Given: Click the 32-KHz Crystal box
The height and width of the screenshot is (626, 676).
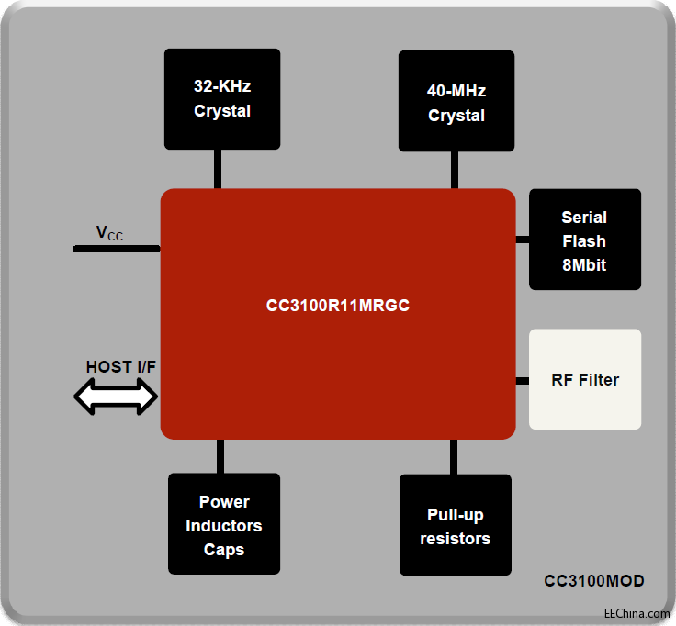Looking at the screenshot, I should pyautogui.click(x=221, y=98).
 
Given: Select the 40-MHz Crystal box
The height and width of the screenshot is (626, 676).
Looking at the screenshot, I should pyautogui.click(x=456, y=102).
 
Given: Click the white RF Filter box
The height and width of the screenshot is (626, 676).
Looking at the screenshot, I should pyautogui.click(x=584, y=379).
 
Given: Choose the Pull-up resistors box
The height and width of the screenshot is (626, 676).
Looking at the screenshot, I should pyautogui.click(x=455, y=525).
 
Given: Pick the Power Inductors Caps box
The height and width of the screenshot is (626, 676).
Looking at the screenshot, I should pyautogui.click(x=223, y=524).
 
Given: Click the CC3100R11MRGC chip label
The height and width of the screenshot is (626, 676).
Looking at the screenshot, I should pyautogui.click(x=337, y=306).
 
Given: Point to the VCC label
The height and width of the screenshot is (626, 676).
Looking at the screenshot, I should pyautogui.click(x=109, y=233).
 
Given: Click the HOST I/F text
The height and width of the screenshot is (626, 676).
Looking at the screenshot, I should pyautogui.click(x=121, y=367).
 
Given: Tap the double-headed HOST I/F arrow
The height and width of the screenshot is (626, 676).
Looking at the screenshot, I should pyautogui.click(x=116, y=398).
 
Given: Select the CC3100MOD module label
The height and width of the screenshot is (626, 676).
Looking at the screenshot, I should pyautogui.click(x=593, y=581).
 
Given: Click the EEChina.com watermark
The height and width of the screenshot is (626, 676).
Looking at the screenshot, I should pyautogui.click(x=637, y=613).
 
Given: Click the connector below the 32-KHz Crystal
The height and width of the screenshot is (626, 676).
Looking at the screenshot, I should pyautogui.click(x=218, y=169).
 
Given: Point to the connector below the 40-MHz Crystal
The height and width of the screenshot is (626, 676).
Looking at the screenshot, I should pyautogui.click(x=455, y=170).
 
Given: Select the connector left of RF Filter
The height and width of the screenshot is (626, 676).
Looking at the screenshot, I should pyautogui.click(x=522, y=380).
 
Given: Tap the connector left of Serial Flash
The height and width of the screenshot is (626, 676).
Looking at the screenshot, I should pyautogui.click(x=522, y=240).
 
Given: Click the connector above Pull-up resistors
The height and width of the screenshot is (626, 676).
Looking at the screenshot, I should pyautogui.click(x=455, y=456).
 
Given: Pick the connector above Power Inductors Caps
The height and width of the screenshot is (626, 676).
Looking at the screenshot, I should pyautogui.click(x=220, y=455).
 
